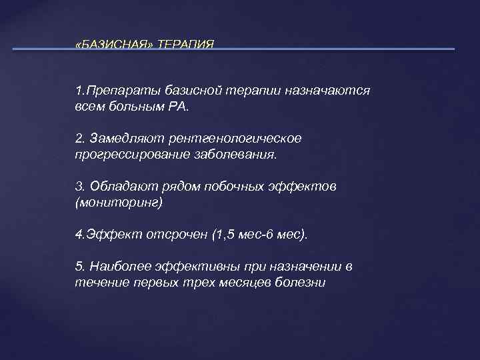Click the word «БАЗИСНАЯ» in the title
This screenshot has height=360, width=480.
(x=114, y=44)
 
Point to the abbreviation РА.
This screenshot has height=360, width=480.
(x=179, y=106)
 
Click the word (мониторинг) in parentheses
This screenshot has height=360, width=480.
(x=119, y=202)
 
